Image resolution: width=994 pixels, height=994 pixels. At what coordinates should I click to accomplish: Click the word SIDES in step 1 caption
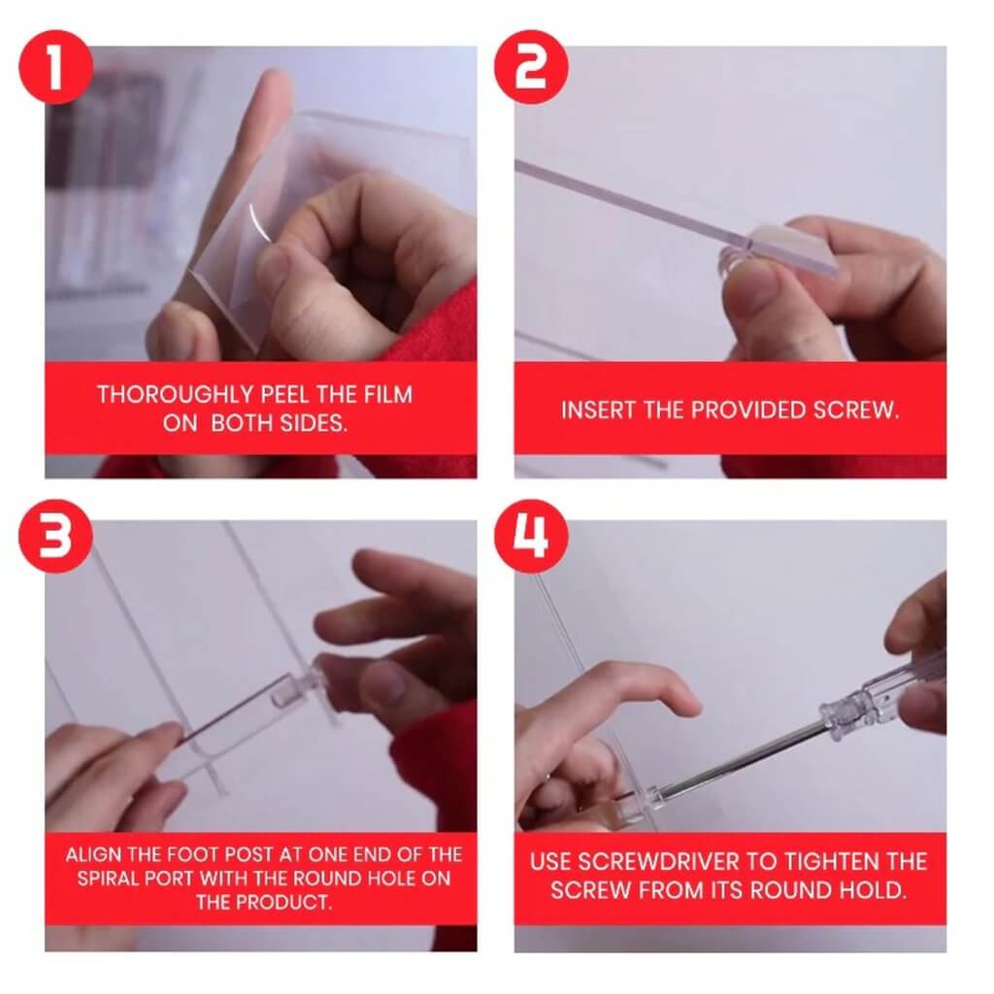point(312,424)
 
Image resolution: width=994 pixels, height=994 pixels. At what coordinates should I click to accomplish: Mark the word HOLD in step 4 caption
point(876,890)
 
